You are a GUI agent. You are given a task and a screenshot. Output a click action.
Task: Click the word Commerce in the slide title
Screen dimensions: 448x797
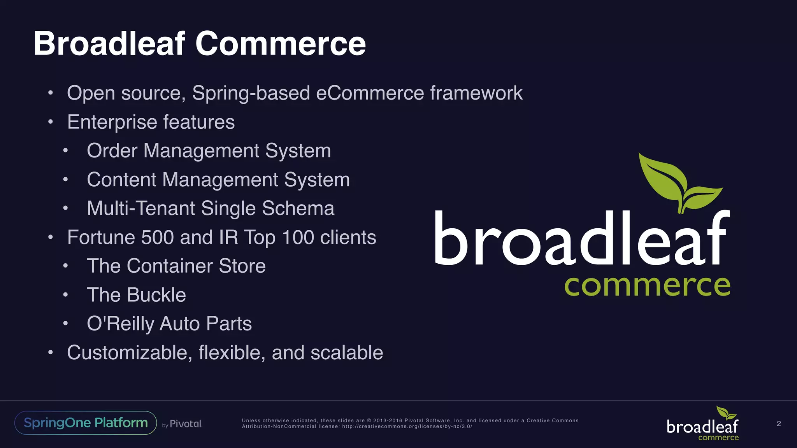pos(280,44)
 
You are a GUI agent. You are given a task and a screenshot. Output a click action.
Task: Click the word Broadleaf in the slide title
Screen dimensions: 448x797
pos(109,44)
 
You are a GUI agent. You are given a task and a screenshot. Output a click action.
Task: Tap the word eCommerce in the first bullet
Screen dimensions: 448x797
pos(370,93)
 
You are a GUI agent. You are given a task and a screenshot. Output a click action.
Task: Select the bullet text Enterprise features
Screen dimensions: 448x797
pos(151,122)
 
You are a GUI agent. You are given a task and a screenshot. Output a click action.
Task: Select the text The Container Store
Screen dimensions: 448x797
pos(176,266)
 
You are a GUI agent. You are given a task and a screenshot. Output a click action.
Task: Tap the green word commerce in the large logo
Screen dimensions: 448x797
pos(647,286)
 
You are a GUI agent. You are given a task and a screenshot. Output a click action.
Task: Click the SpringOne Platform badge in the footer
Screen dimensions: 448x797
pos(86,423)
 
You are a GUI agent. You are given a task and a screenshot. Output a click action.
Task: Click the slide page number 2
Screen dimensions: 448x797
pos(779,423)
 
